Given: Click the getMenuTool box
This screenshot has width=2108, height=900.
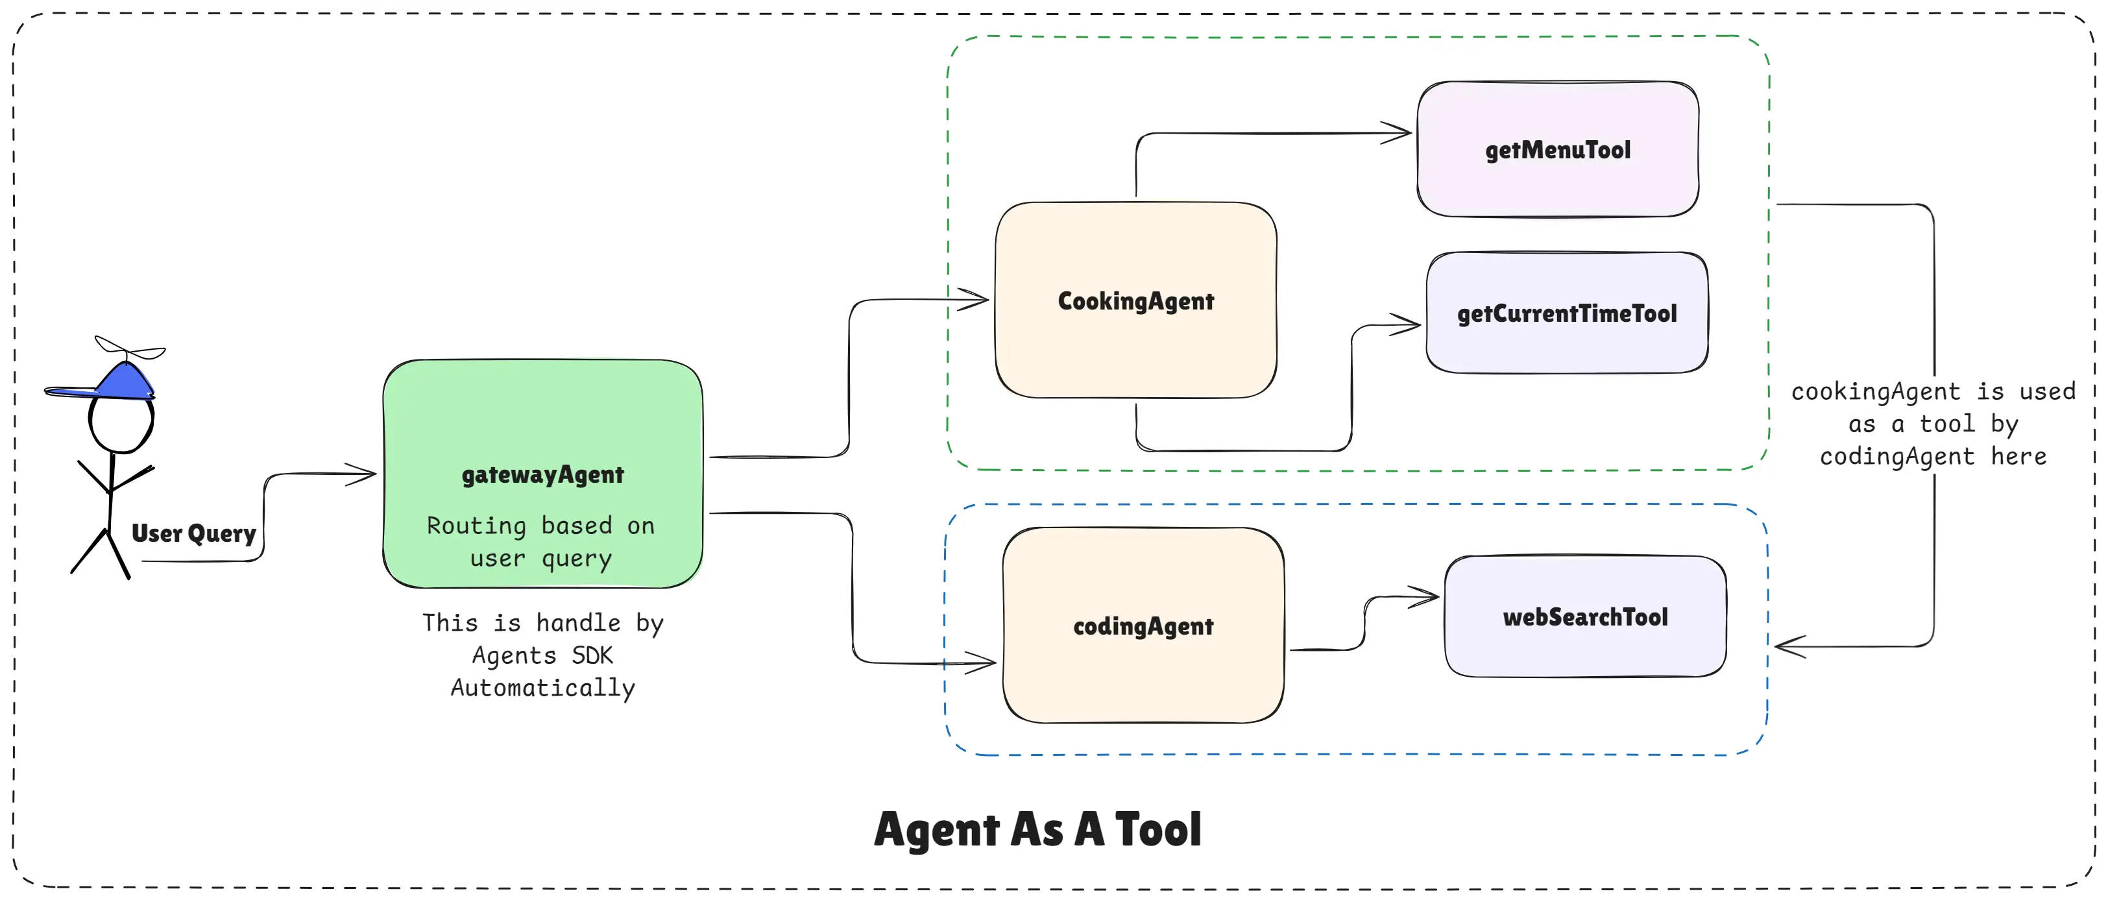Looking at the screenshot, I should coord(1557,150).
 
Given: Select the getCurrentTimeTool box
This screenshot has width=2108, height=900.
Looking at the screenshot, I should coord(1566,313).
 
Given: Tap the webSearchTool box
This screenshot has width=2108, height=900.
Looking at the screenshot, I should coord(1584,617).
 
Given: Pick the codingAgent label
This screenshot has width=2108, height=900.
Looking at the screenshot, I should coord(1143,626).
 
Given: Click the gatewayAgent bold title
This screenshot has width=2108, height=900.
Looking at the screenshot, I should coord(542,474).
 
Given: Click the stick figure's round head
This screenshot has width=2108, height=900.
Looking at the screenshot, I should coord(121,424).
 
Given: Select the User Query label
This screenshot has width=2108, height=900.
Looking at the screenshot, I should coord(194,533).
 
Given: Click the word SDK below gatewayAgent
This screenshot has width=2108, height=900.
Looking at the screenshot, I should coord(592,655).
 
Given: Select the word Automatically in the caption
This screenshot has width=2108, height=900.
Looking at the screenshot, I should coord(542,688).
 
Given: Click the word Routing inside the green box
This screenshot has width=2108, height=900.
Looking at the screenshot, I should coord(476,526).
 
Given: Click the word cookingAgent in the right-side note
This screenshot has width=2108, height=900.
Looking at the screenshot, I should coord(1876,392).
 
